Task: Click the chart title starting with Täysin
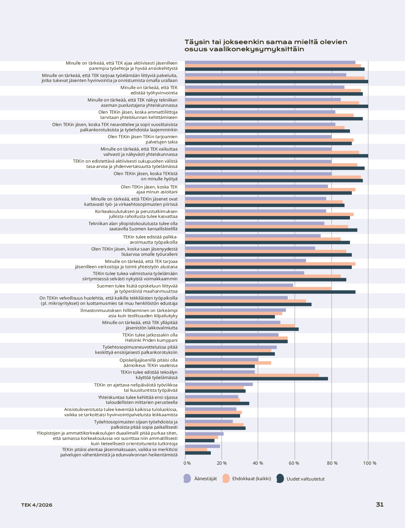266,45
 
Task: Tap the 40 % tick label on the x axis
258,463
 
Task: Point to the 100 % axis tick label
370,463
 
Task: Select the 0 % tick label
187,463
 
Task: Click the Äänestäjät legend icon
187,479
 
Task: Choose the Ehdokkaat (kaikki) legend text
252,479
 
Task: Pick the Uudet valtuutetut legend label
306,479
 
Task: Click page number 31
380,505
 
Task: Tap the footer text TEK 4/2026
37,505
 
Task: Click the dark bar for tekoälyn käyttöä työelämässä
257,379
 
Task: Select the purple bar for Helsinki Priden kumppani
232,335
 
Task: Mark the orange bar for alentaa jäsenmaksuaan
196,449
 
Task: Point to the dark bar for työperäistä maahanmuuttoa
270,292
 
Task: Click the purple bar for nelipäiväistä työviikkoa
219,384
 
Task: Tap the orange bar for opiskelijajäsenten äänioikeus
228,363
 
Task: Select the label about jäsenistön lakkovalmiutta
140,325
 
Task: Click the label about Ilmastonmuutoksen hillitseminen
129,313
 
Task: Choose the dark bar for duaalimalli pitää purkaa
200,441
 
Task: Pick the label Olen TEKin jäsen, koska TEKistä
146,176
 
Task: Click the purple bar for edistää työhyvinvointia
265,87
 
